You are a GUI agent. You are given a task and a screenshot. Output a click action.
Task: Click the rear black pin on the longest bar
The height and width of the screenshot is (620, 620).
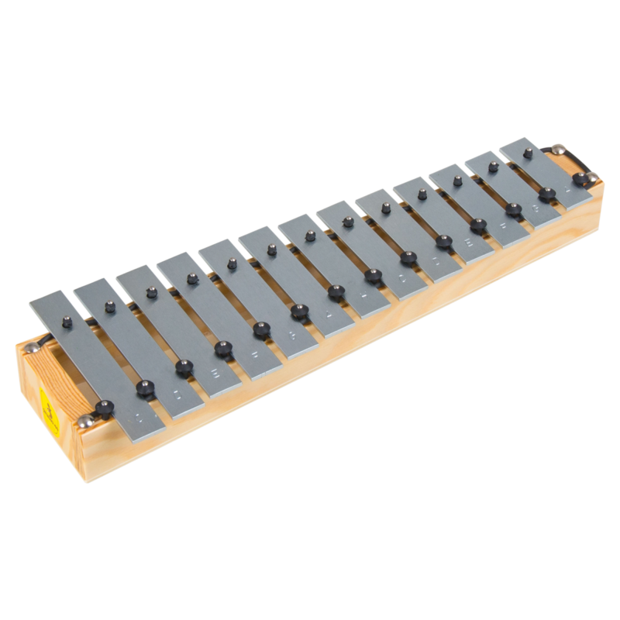pyautogui.click(x=68, y=320)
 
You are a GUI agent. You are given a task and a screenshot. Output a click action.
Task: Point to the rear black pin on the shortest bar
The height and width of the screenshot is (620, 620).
pyautogui.click(x=528, y=153)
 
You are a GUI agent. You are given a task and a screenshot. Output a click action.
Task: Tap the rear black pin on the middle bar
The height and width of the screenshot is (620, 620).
pyautogui.click(x=310, y=236)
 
